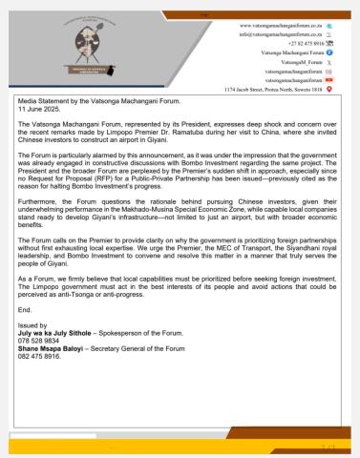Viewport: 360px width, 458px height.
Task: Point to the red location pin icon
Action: point(329,90)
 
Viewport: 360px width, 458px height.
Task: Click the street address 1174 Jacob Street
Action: point(272,90)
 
